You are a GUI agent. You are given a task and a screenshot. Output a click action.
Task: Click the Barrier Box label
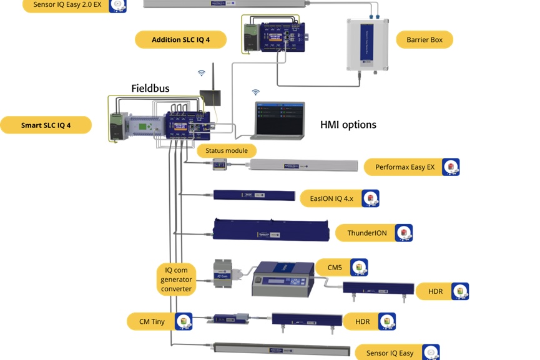point(424,40)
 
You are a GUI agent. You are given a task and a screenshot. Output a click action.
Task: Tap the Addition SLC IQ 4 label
point(180,40)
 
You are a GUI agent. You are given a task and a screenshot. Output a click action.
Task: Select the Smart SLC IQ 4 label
point(46,125)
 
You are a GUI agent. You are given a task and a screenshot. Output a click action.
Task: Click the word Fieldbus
point(150,89)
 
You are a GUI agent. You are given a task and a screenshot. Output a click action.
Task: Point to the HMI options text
point(348,125)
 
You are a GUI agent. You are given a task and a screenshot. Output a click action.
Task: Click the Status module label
point(227,150)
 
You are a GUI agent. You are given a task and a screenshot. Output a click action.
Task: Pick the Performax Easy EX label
point(405,167)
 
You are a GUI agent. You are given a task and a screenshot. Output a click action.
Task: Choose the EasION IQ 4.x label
point(331,199)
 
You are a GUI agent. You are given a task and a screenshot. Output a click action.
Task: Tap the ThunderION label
point(367,233)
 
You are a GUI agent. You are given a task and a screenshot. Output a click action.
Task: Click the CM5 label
point(335,268)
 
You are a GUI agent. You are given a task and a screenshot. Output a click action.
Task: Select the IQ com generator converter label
point(176,280)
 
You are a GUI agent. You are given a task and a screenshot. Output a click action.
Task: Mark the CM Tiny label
point(151,321)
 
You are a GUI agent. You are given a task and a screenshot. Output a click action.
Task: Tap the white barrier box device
point(368,44)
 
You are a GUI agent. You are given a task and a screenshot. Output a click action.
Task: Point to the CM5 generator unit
point(282,279)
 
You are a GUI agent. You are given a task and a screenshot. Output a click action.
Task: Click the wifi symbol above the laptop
point(255,92)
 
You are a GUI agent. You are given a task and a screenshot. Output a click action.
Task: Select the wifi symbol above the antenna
point(202,73)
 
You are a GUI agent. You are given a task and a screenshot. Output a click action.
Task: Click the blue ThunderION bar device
point(271,230)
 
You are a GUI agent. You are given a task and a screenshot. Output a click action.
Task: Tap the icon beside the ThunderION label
point(403,233)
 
